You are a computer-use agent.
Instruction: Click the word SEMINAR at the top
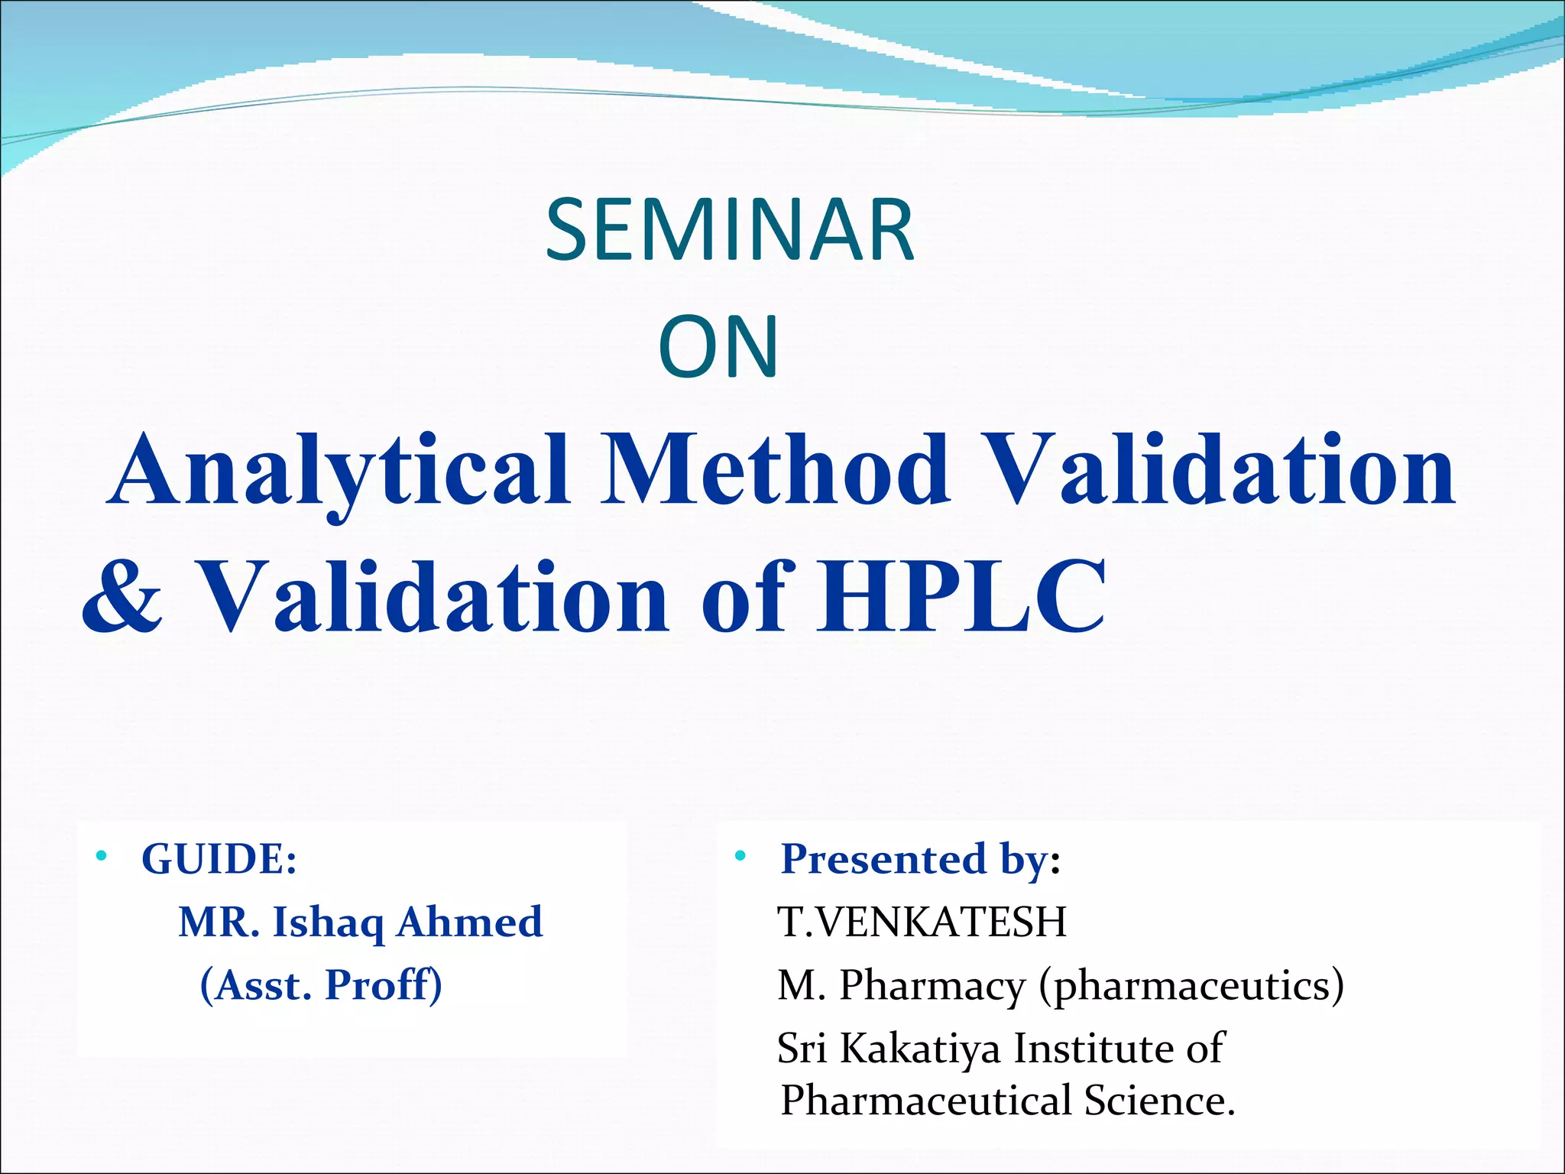click(730, 230)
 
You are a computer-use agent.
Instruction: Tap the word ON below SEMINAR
click(718, 348)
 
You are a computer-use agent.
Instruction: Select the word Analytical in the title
click(340, 470)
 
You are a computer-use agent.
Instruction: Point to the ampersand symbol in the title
click(122, 597)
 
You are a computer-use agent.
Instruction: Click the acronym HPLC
click(961, 595)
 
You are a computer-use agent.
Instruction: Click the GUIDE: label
click(219, 859)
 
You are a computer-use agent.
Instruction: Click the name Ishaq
click(328, 923)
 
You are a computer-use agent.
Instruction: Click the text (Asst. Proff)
click(321, 985)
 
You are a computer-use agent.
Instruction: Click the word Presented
click(883, 859)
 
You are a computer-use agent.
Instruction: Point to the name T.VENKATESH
click(922, 922)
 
